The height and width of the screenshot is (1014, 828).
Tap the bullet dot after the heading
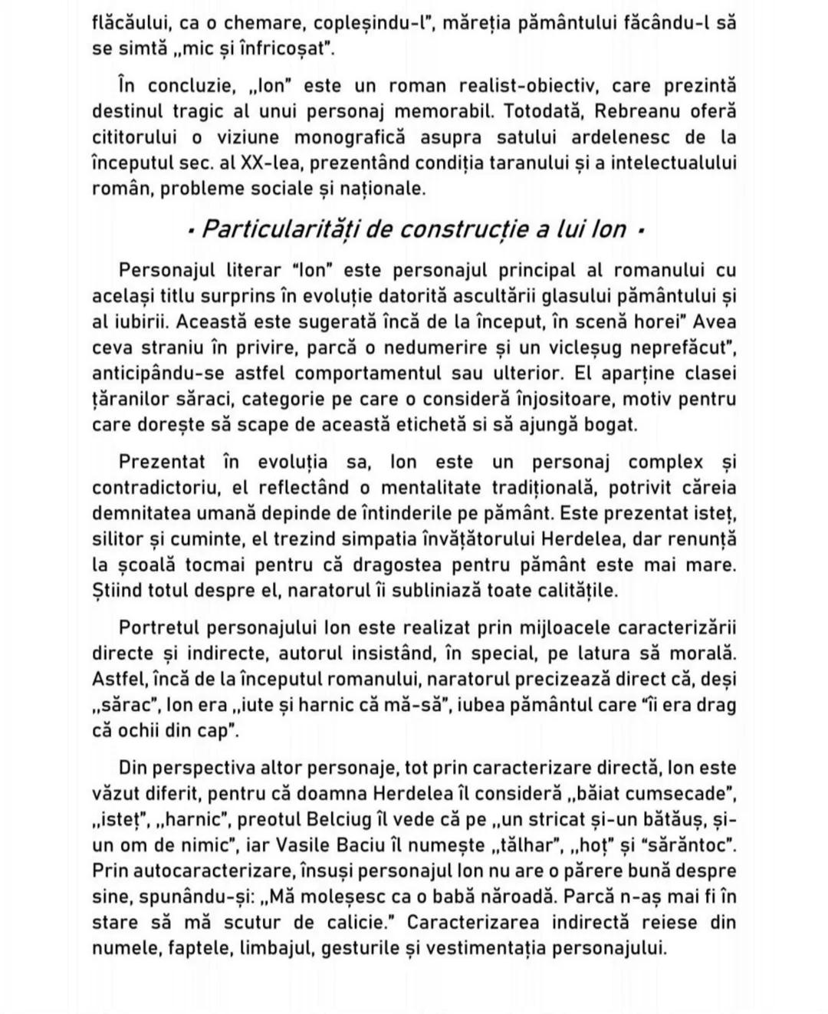[x=640, y=230]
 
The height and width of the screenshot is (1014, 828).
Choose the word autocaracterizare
[x=209, y=871]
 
